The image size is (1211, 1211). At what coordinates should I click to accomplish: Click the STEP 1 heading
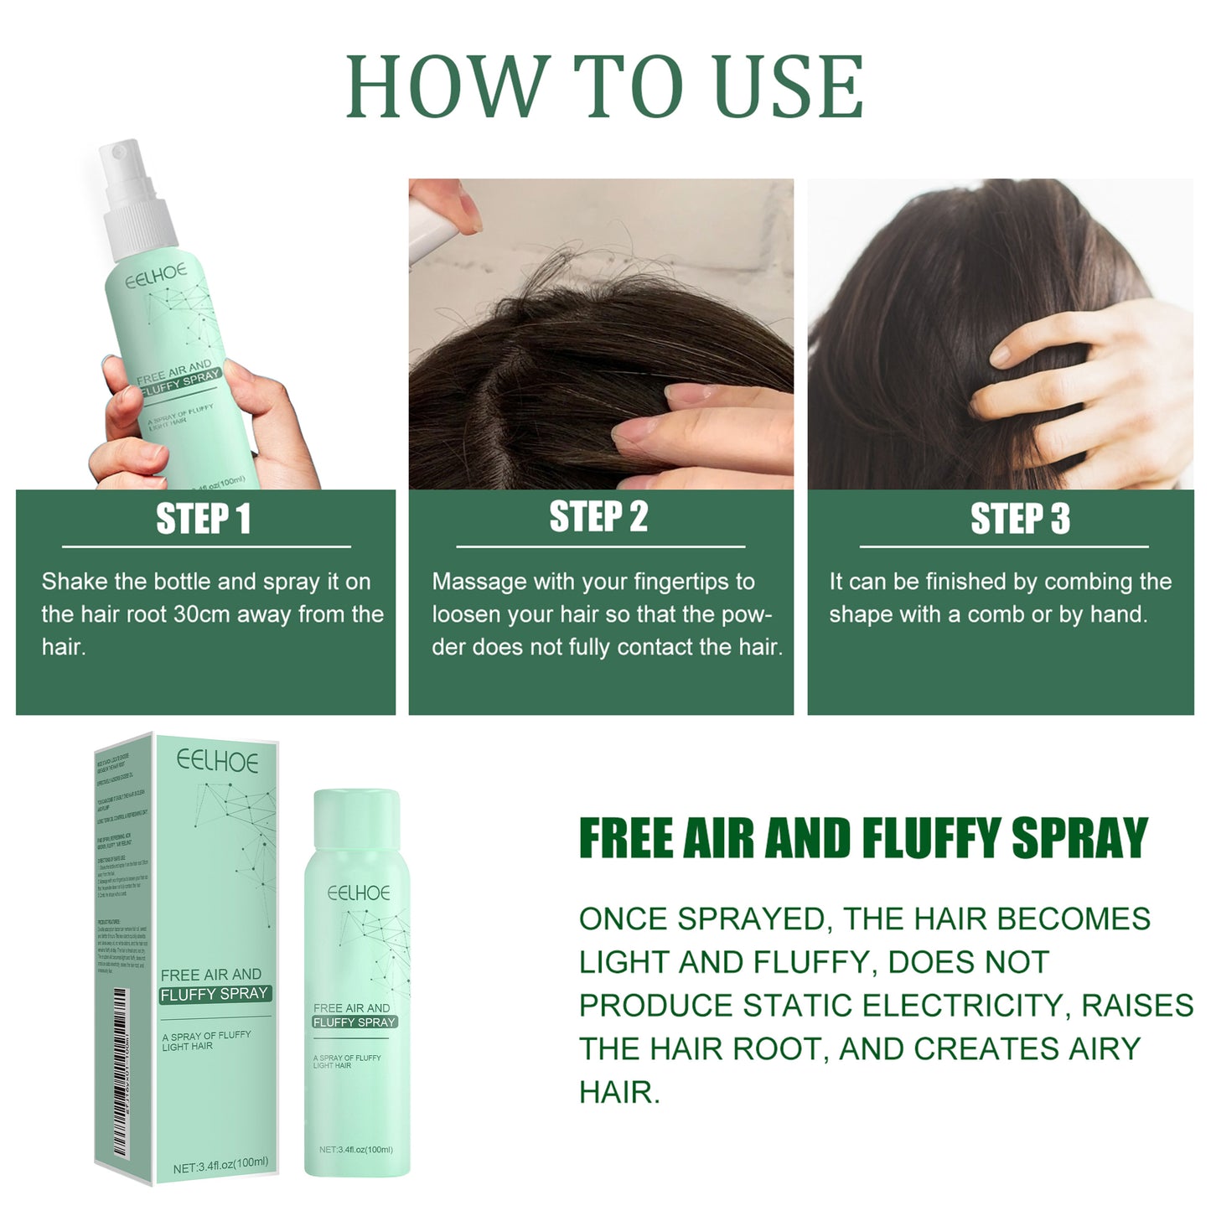[x=204, y=519]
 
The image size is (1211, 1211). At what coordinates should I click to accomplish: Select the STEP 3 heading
[x=1020, y=519]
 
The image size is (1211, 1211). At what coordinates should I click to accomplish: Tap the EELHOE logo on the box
[x=217, y=761]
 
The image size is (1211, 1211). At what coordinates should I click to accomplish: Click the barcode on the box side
[x=120, y=1073]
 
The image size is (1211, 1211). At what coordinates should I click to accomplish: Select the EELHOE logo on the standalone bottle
[x=359, y=893]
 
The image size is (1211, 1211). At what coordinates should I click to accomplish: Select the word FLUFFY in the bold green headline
[x=931, y=838]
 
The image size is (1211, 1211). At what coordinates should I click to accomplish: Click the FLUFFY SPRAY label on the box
[x=214, y=994]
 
